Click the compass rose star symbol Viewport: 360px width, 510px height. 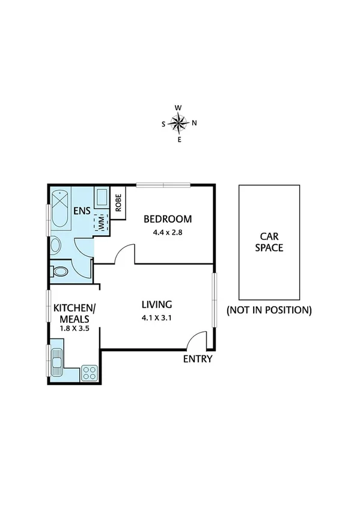(178, 124)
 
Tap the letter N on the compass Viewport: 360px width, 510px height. (194, 124)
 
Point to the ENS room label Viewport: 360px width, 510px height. (82, 211)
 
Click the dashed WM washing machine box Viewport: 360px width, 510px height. (100, 223)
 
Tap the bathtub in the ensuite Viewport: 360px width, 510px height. (60, 209)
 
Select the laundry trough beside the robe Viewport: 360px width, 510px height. (102, 199)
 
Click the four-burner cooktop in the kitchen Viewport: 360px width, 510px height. (90, 372)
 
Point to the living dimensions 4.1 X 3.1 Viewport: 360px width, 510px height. (157, 318)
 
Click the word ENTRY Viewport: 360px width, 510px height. (198, 359)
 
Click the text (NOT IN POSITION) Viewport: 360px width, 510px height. (269, 310)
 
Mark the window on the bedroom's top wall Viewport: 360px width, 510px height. (163, 185)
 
